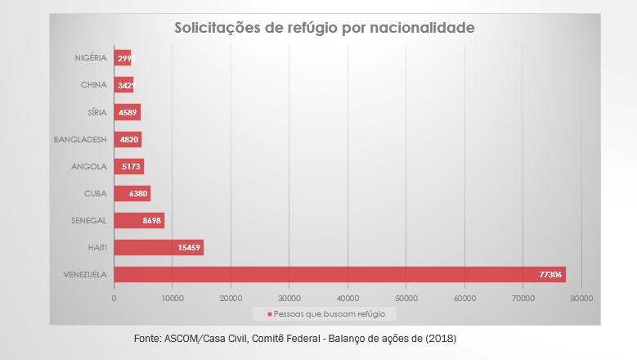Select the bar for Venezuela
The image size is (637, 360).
339,274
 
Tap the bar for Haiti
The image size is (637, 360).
159,247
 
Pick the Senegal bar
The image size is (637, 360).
139,220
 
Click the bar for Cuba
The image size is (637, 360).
132,193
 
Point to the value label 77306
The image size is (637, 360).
548,274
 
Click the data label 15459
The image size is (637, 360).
189,247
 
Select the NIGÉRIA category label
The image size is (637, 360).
91,58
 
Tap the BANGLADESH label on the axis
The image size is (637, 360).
81,139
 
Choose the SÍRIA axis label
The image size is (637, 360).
96,112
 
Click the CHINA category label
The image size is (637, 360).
94,85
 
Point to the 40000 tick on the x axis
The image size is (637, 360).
348,299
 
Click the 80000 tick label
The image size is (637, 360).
581,299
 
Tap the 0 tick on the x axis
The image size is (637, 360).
114,299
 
